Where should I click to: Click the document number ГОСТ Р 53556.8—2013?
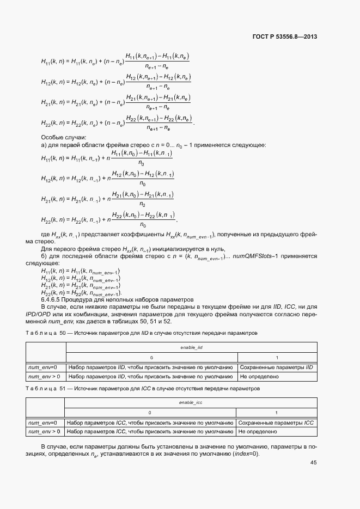[285, 37]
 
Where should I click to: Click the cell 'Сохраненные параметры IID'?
[276, 367]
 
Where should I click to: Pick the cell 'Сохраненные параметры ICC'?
[276, 423]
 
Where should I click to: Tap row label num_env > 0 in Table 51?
[44, 432]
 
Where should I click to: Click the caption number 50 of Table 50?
[63, 332]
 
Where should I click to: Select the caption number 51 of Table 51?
[63, 388]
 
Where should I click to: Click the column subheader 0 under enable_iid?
[151, 357]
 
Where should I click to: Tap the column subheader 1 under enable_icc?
[276, 413]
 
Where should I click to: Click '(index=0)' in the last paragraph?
[246, 454]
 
